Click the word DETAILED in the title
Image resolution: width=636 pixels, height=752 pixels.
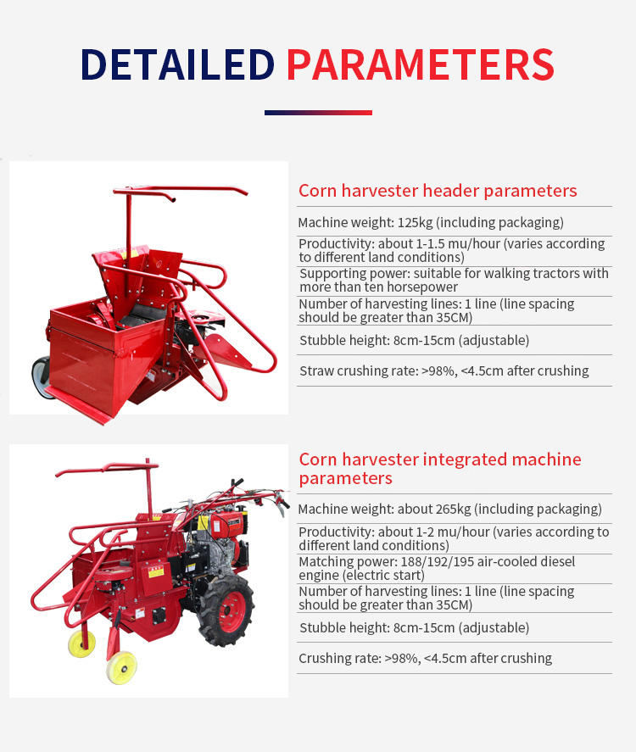177,64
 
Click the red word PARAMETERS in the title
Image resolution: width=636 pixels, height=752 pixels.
420,64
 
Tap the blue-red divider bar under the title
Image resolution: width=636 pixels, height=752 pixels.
318,112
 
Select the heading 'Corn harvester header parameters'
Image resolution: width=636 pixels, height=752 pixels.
438,191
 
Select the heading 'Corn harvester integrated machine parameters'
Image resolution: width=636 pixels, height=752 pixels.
440,469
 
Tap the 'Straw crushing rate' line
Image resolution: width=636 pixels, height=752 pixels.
444,370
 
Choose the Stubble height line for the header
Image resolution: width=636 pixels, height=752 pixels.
414,341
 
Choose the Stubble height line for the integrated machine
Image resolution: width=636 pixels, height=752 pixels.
414,628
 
